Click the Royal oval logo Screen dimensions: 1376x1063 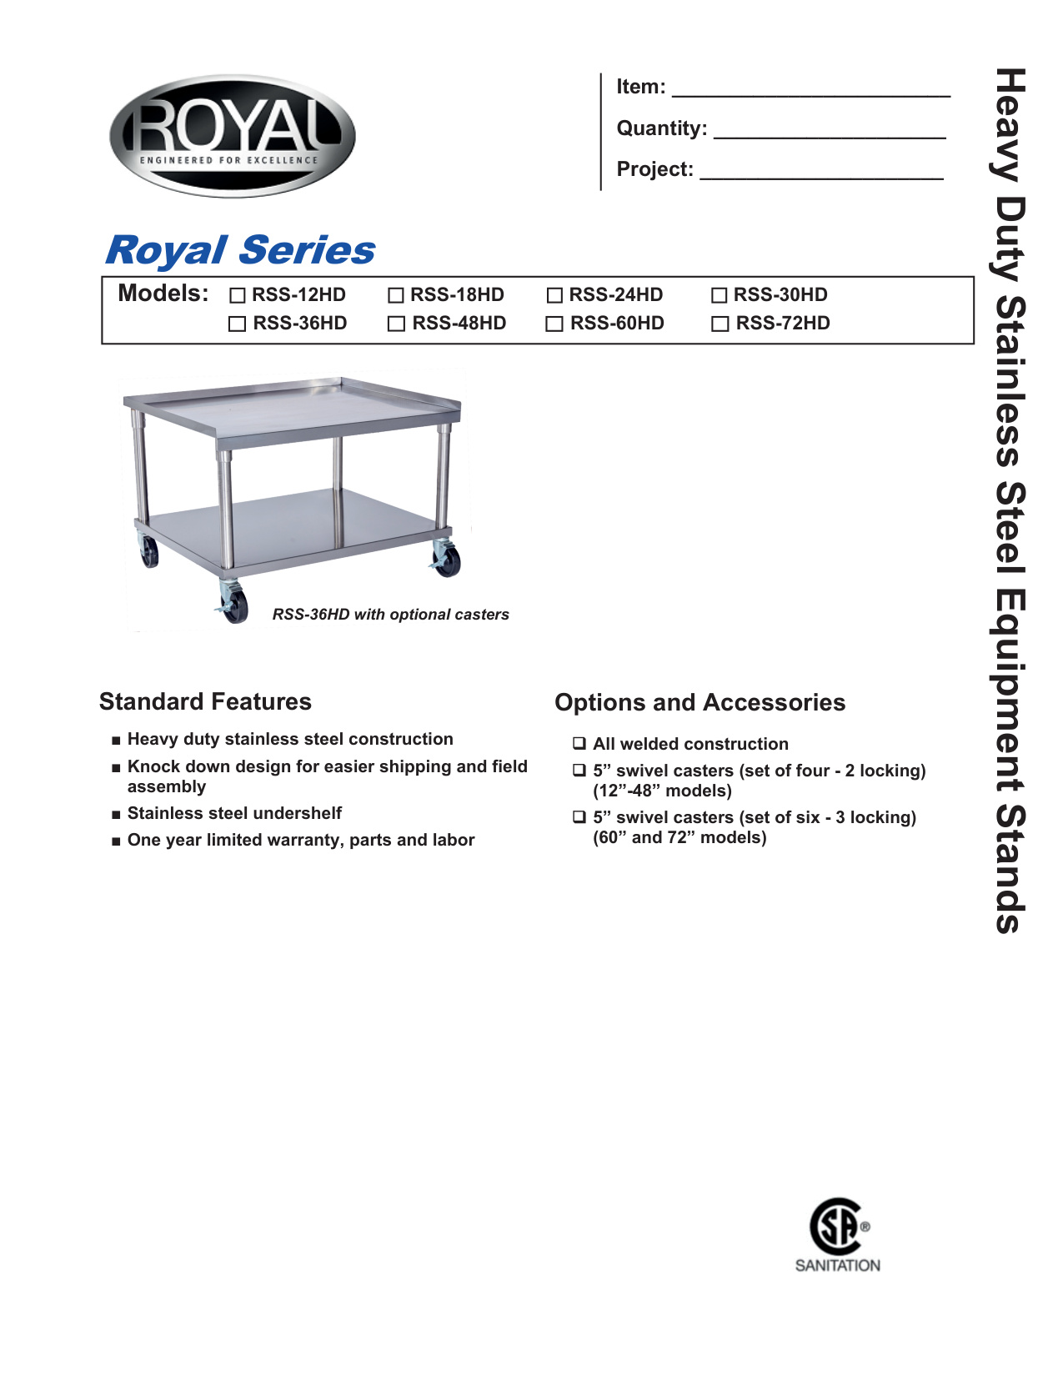click(233, 136)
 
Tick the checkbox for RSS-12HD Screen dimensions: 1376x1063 click(238, 295)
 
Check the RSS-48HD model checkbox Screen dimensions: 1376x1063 click(397, 324)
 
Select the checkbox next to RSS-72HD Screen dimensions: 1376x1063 click(720, 324)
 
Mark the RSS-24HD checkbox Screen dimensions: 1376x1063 click(554, 295)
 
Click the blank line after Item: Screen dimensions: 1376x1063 click(810, 89)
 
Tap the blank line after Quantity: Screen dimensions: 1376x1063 click(830, 130)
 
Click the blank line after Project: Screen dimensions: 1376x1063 click(821, 171)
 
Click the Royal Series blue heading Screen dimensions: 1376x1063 click(240, 250)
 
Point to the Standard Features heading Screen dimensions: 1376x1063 click(205, 701)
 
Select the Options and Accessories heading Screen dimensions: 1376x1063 click(699, 702)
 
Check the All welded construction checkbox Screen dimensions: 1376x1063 click(579, 743)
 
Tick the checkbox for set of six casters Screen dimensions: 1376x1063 click(579, 816)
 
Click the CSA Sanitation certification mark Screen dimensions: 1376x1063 click(837, 1234)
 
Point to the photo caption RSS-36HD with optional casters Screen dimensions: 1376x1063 click(390, 615)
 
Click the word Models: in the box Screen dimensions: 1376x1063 click(163, 294)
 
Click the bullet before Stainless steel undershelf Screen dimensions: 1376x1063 click(116, 814)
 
